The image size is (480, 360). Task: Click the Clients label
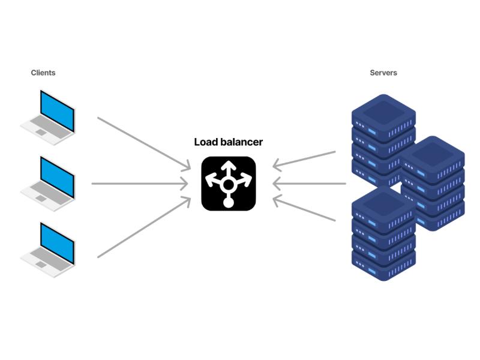[x=43, y=73]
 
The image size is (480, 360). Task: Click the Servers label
[x=383, y=73]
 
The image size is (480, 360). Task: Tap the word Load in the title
[x=205, y=142]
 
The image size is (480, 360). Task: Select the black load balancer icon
[x=228, y=184]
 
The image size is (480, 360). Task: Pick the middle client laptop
[x=48, y=184]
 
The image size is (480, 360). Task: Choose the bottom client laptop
[x=48, y=250]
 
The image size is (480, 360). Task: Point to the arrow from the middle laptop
[x=138, y=184]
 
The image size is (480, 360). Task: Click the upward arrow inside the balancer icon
[x=228, y=169]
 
